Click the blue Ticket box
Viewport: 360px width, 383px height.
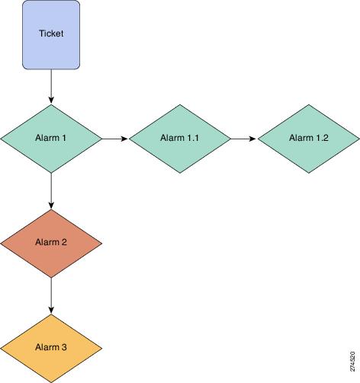coord(51,35)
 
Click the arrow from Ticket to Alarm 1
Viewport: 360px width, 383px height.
coord(51,87)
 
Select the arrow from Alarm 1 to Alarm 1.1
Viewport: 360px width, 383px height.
coord(115,139)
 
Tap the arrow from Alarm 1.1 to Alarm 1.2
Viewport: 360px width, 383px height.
coord(243,139)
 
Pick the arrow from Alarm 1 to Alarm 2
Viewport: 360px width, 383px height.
coord(51,191)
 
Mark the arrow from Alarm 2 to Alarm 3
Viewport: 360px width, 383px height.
coord(51,295)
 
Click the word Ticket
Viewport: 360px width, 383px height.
coord(51,34)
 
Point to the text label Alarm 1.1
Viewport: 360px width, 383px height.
coord(179,138)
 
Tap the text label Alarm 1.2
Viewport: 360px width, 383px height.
coord(309,138)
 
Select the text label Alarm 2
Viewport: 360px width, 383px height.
coord(51,242)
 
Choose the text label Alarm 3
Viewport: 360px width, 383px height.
coord(51,347)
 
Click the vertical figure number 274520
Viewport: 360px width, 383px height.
coord(352,361)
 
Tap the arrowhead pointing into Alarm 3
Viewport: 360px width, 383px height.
coord(51,311)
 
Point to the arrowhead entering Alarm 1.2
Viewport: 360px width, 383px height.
coord(253,139)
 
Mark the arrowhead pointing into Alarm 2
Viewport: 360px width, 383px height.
coord(51,206)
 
